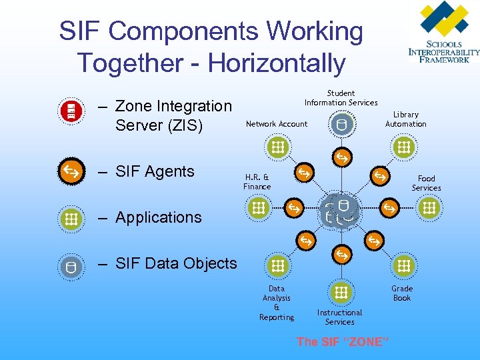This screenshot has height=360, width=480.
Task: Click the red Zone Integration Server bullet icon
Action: [70, 110]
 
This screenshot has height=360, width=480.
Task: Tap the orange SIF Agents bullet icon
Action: [70, 171]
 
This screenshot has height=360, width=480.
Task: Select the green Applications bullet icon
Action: [70, 218]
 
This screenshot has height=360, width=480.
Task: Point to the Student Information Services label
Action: [341, 98]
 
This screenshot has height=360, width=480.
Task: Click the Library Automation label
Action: [405, 119]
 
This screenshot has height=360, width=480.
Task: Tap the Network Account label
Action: [277, 124]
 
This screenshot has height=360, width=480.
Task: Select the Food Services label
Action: [426, 183]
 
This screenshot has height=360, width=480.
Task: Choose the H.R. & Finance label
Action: [257, 182]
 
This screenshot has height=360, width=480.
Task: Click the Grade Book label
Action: [402, 293]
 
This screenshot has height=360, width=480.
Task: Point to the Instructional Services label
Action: [339, 317]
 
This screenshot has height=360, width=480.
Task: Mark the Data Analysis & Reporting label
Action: [277, 303]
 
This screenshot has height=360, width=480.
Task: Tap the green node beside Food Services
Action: [429, 209]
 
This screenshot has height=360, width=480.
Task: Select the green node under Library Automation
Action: [402, 147]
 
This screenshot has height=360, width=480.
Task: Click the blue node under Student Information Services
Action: [341, 124]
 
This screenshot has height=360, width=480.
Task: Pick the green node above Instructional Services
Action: [341, 292]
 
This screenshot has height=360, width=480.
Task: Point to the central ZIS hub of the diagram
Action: [339, 210]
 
